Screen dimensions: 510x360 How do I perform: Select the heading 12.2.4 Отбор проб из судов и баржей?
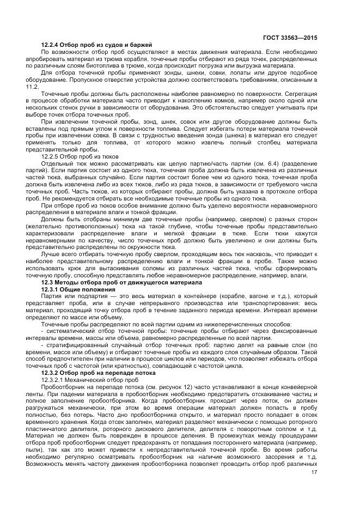(x=96, y=44)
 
